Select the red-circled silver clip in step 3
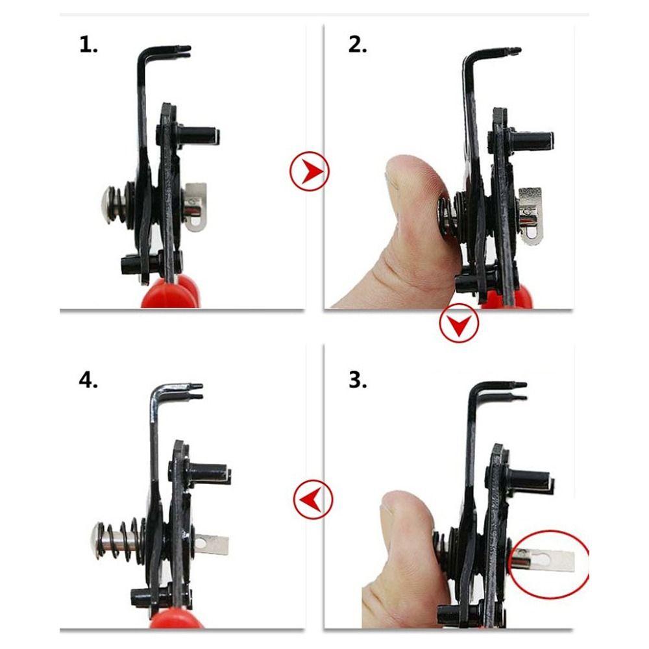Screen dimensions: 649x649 pyautogui.click(x=548, y=556)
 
